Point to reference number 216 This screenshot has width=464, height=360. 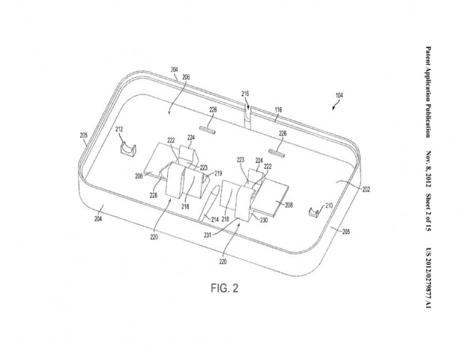click(244, 94)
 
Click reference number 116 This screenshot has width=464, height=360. click(278, 110)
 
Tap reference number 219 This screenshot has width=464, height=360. click(219, 173)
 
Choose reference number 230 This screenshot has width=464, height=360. click(264, 220)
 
